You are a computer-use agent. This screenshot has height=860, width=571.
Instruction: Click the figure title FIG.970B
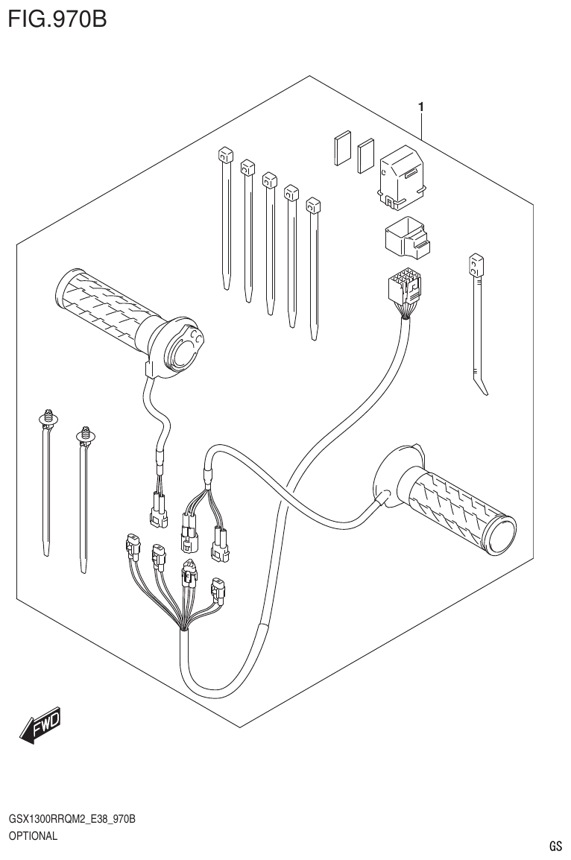[x=57, y=18]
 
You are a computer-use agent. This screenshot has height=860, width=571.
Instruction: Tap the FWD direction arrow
[x=42, y=724]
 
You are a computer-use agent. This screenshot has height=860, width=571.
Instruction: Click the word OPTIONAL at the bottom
[x=33, y=835]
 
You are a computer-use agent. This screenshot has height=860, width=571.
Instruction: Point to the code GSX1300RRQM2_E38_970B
[x=72, y=820]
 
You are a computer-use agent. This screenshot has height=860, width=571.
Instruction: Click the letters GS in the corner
[x=555, y=846]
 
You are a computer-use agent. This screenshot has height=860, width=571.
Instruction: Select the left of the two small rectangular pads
[x=342, y=148]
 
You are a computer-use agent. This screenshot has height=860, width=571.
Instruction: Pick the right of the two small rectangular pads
[x=365, y=156]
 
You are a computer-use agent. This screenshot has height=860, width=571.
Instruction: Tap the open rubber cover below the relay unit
[x=405, y=238]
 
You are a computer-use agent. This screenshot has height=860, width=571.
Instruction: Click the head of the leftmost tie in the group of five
[x=223, y=156]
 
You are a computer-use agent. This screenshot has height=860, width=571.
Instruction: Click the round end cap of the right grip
[x=499, y=534]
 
